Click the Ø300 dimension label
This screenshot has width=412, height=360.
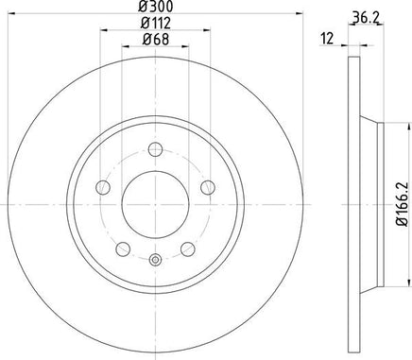click(x=155, y=7)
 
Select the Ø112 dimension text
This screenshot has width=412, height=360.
click(x=155, y=23)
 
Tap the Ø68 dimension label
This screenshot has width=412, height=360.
click(x=156, y=39)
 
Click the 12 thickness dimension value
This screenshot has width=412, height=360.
click(x=327, y=39)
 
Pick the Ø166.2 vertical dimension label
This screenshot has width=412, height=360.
click(x=403, y=204)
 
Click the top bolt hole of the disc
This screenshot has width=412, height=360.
click(x=155, y=149)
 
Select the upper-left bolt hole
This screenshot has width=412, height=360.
click(x=103, y=188)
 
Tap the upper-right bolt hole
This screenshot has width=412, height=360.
click(x=208, y=188)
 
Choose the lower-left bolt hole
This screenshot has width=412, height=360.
click(x=123, y=249)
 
